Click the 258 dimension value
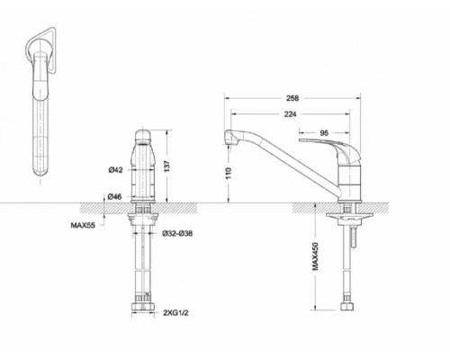point(292,98)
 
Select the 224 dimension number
point(290,114)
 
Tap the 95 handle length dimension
point(324,132)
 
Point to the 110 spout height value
point(229,173)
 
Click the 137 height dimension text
point(167,166)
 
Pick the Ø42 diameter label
point(116,170)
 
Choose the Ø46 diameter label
point(115,197)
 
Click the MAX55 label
point(83,225)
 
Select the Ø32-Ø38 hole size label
point(177,233)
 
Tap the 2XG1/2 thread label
point(175,313)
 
